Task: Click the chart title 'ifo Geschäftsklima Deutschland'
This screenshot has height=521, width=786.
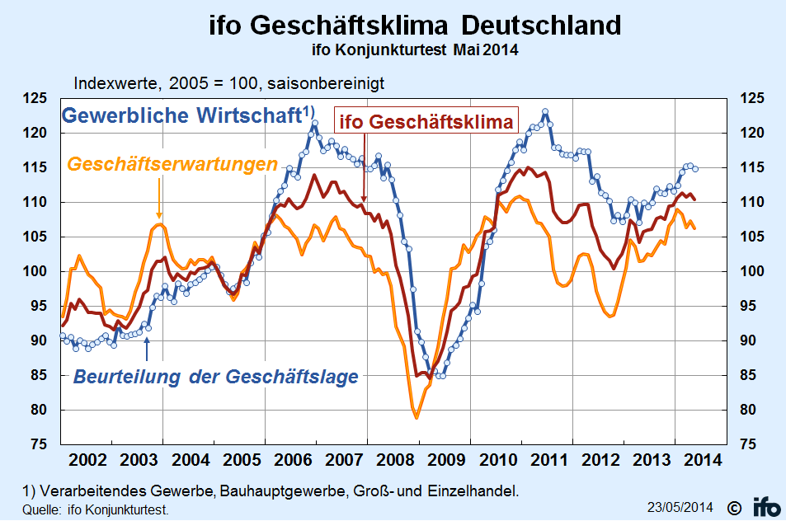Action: [x=415, y=25]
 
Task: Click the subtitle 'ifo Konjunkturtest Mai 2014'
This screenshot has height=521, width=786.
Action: [x=415, y=49]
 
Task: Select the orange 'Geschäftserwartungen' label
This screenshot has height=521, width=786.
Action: [x=172, y=164]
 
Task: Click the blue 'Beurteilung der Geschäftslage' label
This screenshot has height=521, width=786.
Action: [x=216, y=377]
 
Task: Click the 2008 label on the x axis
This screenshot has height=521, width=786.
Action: [x=392, y=458]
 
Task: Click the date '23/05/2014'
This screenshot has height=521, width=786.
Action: [x=681, y=505]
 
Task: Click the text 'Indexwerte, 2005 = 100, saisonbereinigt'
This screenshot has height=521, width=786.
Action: [x=229, y=83]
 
